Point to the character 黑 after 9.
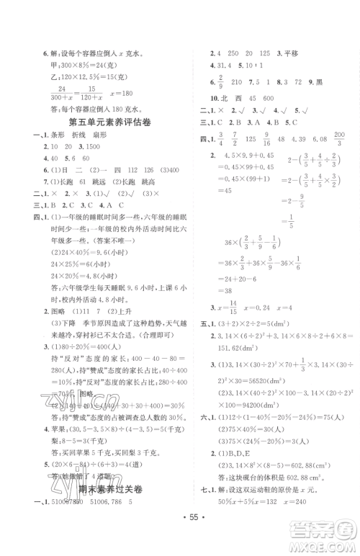(318, 81)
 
